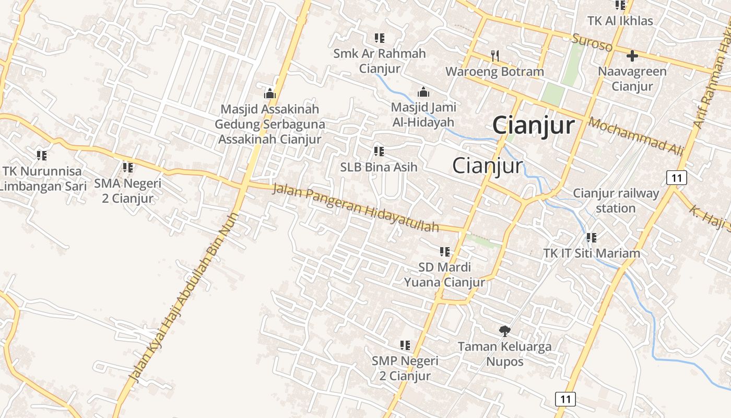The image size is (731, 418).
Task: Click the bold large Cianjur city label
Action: pyautogui.click(x=533, y=126)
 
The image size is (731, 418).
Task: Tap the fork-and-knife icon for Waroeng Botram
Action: pyautogui.click(x=495, y=55)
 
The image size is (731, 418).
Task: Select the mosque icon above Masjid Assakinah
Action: pyautogui.click(x=270, y=94)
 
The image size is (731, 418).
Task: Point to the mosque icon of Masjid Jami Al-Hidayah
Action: pyautogui.click(x=423, y=92)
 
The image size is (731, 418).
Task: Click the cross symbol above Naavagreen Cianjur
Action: pyautogui.click(x=632, y=55)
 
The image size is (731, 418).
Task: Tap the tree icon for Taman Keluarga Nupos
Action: pyautogui.click(x=504, y=330)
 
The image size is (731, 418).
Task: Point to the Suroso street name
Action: pyautogui.click(x=592, y=42)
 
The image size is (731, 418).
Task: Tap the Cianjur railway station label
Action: pyautogui.click(x=616, y=201)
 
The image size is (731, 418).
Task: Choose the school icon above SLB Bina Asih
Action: pyautogui.click(x=379, y=152)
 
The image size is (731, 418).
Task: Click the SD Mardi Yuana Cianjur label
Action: pyautogui.click(x=444, y=275)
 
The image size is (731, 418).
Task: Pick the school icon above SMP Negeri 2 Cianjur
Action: pyautogui.click(x=405, y=345)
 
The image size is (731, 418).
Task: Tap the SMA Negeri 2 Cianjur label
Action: pyautogui.click(x=128, y=191)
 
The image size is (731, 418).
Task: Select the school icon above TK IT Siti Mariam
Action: pyautogui.click(x=591, y=238)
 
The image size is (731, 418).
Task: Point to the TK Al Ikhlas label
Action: pyautogui.click(x=620, y=21)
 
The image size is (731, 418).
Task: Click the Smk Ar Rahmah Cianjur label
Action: pyautogui.click(x=380, y=61)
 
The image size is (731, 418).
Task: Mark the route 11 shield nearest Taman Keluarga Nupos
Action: pyautogui.click(x=565, y=399)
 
